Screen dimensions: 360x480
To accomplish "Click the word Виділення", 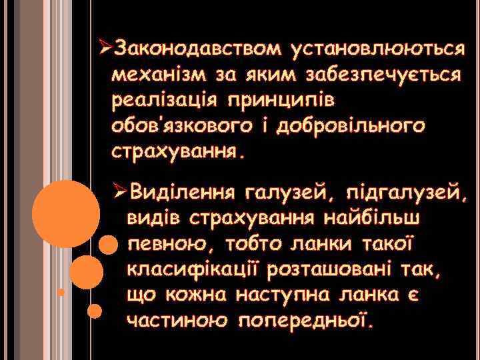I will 183,193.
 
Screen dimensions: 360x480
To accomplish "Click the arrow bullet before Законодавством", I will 103,49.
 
